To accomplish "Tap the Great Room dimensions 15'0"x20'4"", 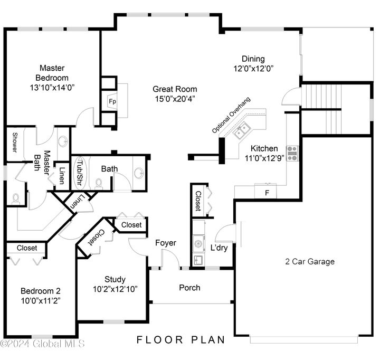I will coord(175,98).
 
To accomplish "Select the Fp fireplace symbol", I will coord(112,101).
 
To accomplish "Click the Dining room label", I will coord(253,59).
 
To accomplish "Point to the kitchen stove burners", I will coord(292,153).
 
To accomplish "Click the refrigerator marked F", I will coord(267,193).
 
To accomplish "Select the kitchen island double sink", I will coord(242,130).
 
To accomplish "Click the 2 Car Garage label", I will coord(310,261).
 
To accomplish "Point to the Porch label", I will coord(190,288).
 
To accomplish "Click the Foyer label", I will coord(165,243).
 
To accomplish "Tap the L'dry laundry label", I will coord(219,248).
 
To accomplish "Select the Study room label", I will coord(115,279).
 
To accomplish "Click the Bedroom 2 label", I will coord(41,291).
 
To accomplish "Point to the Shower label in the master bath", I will coord(15,143).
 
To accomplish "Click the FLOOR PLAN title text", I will coord(181,339).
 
